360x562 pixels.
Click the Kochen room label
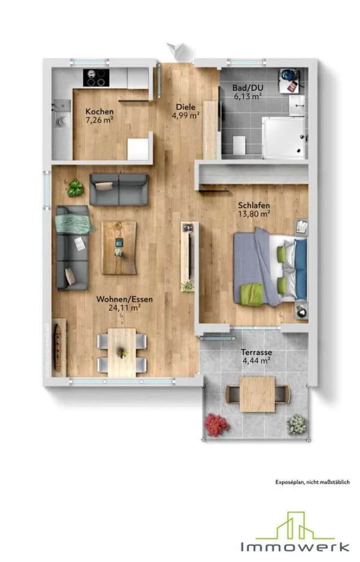tap(100, 112)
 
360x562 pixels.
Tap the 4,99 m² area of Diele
tap(185, 115)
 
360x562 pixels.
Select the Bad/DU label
tap(247, 88)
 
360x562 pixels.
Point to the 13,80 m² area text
tap(254, 214)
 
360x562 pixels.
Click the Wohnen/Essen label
tap(124, 299)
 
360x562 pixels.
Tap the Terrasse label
tap(256, 352)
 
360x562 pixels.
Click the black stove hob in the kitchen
tap(96, 78)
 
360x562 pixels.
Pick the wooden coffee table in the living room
tap(119, 248)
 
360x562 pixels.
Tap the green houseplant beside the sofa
tap(75, 188)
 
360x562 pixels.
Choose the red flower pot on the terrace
tap(217, 425)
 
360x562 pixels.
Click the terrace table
tap(257, 394)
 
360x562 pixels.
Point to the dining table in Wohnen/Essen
tap(122, 353)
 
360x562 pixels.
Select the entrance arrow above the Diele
tap(176, 50)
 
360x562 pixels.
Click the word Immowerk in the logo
tap(295, 547)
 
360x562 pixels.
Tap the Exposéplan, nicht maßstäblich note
tap(313, 482)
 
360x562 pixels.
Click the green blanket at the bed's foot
tap(252, 294)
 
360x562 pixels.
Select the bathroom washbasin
tap(297, 105)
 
